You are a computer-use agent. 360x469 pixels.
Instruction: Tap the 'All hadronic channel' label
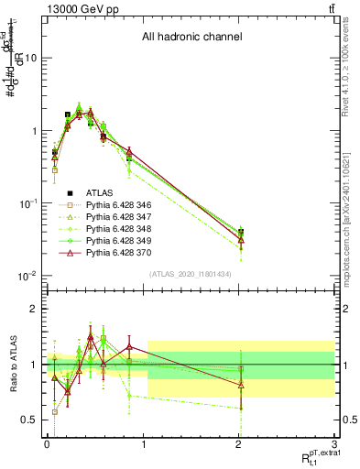click(191, 38)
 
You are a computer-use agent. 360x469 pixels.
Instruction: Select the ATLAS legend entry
click(98, 193)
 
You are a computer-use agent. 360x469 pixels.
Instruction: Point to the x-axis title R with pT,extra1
click(316, 457)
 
